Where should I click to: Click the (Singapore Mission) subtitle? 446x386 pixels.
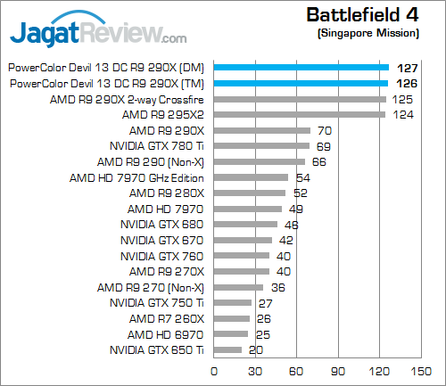[x=368, y=33]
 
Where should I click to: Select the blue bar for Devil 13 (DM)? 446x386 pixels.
[x=301, y=66]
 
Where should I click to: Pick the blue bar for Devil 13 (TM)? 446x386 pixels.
[x=301, y=82]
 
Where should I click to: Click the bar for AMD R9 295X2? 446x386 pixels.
[x=299, y=114]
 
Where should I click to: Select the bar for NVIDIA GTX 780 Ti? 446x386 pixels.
[x=261, y=145]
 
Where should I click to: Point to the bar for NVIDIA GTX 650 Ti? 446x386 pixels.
[x=227, y=350]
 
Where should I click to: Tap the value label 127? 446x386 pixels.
[x=406, y=66]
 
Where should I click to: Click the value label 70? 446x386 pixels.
[x=325, y=130]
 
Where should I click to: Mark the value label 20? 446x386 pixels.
[x=255, y=350]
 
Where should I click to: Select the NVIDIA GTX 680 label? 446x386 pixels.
[x=162, y=225]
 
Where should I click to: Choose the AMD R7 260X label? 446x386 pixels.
[x=167, y=319]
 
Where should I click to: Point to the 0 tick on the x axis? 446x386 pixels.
[x=213, y=371]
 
